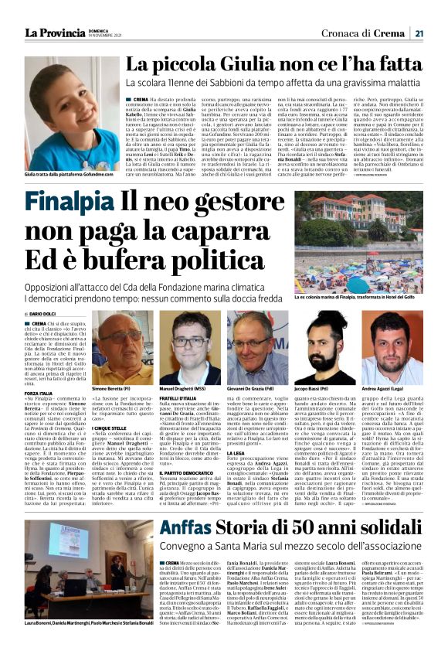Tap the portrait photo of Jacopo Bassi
coord(322,346)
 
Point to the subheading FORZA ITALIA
coord(39,394)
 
